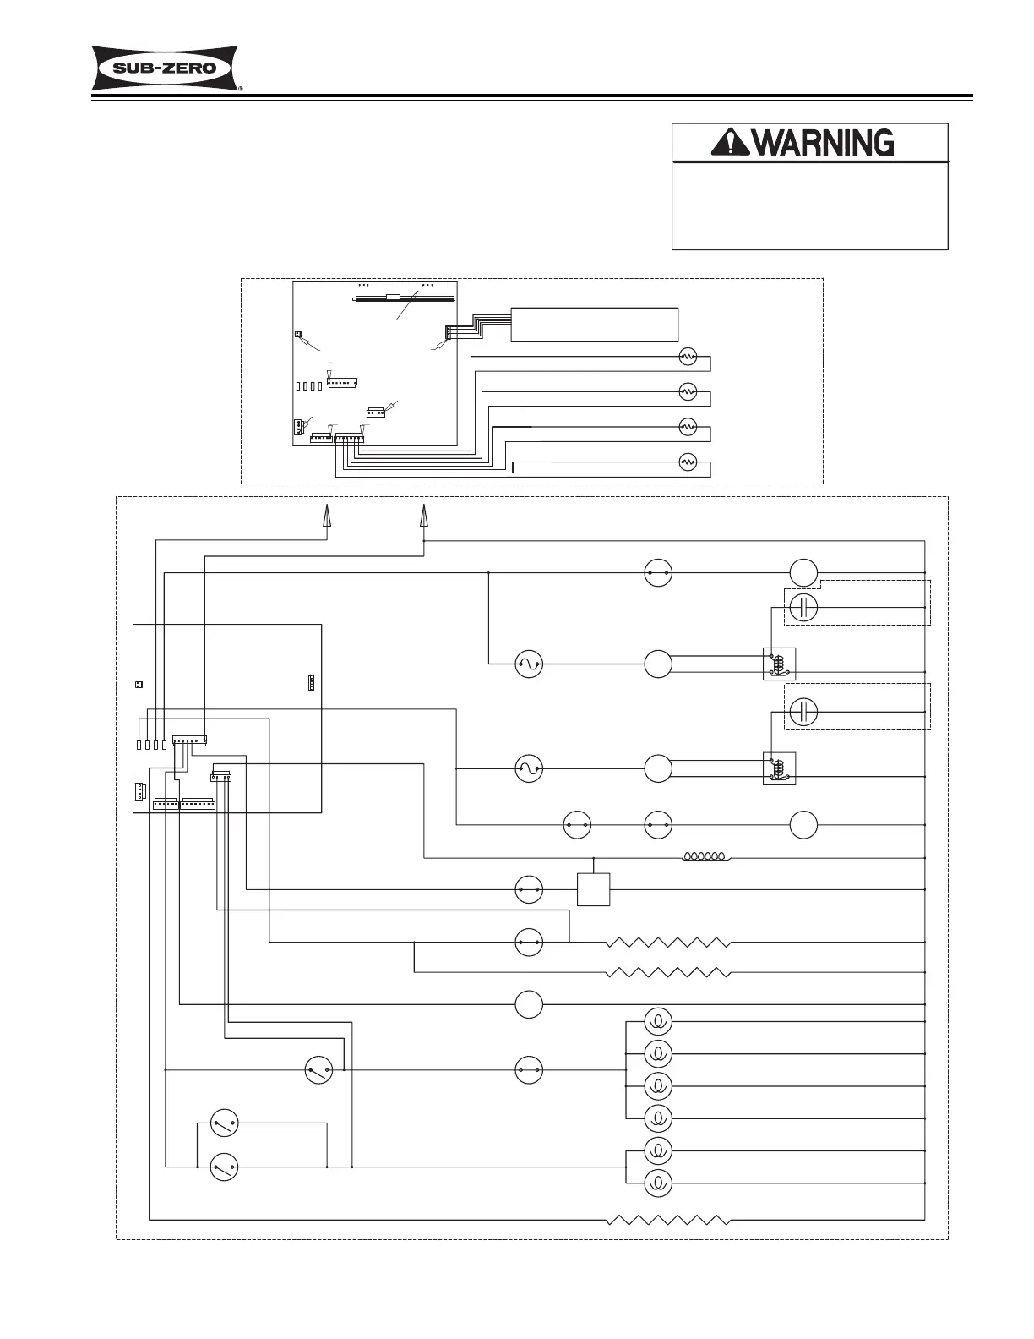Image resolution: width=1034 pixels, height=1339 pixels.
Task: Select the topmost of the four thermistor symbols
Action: [688, 358]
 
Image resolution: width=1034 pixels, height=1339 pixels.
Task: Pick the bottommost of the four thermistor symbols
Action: [688, 462]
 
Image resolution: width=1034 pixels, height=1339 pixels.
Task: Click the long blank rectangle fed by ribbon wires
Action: [595, 324]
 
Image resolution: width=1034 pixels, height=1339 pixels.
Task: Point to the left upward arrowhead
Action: [327, 516]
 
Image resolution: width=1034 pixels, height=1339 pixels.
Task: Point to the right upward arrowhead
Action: [423, 516]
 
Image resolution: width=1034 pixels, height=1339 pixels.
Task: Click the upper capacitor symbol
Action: [804, 607]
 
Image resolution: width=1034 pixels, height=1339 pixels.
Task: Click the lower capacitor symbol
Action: [804, 712]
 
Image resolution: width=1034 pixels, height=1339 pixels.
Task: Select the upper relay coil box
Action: [779, 664]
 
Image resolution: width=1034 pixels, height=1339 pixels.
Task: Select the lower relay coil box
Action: [779, 768]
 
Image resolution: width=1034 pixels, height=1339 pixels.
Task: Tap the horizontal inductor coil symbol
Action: [707, 858]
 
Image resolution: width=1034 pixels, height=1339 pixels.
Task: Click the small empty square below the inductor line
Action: [593, 889]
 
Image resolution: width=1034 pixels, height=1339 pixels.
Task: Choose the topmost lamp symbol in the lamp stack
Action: [657, 1022]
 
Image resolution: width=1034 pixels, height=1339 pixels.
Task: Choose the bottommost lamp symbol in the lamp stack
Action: [657, 1183]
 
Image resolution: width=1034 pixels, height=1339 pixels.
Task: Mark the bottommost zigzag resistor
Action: [668, 1220]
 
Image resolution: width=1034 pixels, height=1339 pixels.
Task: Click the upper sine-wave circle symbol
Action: [529, 664]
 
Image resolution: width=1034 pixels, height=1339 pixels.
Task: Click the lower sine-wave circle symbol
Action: [529, 768]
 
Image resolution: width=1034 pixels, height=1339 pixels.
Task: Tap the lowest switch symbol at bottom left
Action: [224, 1167]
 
